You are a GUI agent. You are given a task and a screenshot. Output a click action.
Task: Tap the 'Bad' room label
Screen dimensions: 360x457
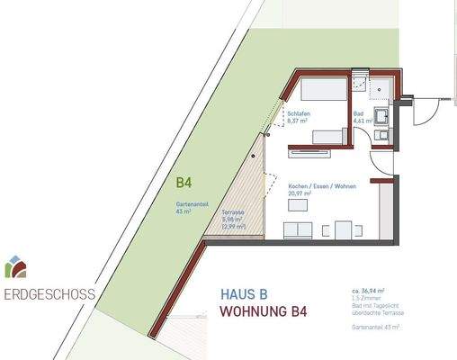pyautogui.click(x=360, y=112)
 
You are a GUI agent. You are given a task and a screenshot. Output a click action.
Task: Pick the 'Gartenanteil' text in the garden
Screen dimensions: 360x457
pyautogui.click(x=193, y=204)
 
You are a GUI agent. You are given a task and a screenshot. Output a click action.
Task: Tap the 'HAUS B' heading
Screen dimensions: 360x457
pyautogui.click(x=245, y=293)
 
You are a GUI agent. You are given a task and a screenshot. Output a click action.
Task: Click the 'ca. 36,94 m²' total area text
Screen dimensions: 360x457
pyautogui.click(x=370, y=291)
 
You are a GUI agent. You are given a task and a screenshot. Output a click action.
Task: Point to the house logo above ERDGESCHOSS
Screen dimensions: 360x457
pyautogui.click(x=15, y=267)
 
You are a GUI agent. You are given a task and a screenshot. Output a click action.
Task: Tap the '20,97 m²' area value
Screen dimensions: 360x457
pyautogui.click(x=300, y=193)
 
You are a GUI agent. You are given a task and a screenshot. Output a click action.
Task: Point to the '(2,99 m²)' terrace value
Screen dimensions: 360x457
pyautogui.click(x=233, y=227)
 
